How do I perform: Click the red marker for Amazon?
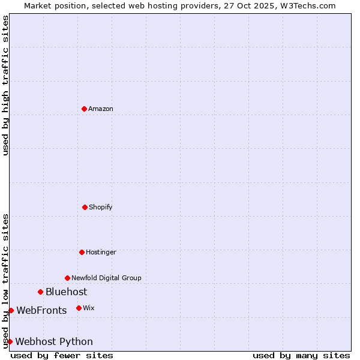pos(84,109)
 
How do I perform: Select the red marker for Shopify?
pos(85,207)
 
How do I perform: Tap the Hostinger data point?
pos(82,252)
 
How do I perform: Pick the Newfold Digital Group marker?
pos(67,278)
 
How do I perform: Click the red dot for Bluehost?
pos(40,292)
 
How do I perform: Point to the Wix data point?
pos(79,308)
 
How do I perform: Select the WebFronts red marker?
pos(11,310)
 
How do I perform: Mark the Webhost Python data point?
pos(10,341)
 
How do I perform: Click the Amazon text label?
pos(101,109)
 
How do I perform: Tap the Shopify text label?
pos(101,207)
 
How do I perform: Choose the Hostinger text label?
pos(101,252)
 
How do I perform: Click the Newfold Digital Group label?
pos(106,278)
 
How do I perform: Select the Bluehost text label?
pos(66,292)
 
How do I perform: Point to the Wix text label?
pos(89,308)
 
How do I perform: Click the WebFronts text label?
pos(41,311)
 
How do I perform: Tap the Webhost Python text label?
pos(54,342)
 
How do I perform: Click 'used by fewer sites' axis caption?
pos(62,355)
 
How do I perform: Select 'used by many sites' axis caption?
pos(301,355)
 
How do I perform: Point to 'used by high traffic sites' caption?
pos(5,85)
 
